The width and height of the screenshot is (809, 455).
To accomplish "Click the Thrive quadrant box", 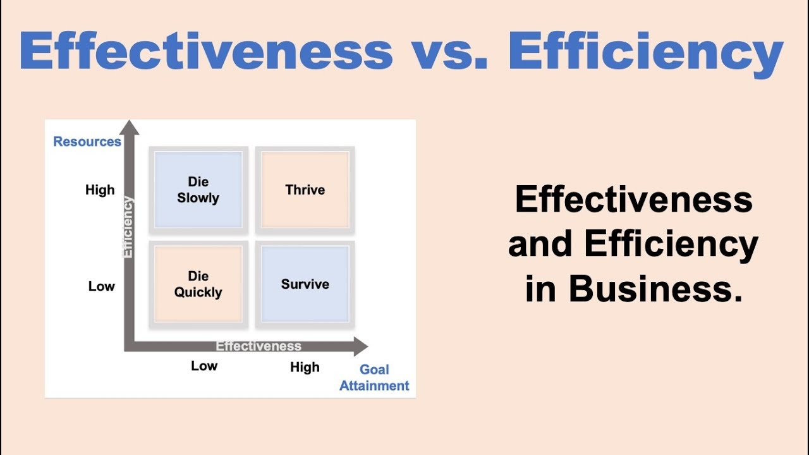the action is point(305,190).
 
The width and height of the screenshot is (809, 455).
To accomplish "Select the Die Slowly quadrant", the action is point(198,190).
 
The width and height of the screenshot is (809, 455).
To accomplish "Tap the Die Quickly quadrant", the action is point(198,284).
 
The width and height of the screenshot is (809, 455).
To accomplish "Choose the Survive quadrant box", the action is point(305,284).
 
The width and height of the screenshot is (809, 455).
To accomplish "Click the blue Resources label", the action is point(87,142).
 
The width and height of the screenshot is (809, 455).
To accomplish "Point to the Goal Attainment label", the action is point(374,377).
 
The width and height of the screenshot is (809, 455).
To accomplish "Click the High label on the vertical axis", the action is point(100,190).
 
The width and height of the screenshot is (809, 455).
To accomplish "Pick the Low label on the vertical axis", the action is point(102,286).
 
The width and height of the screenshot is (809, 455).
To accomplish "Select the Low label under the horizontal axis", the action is point(204,366).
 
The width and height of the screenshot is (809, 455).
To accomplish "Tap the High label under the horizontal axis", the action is point(305,367).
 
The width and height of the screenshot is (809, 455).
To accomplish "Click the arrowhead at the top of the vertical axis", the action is point(130,128).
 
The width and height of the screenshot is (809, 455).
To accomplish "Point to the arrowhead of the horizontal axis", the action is point(361,346).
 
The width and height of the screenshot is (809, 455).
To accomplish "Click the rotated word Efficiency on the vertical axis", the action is point(128,227).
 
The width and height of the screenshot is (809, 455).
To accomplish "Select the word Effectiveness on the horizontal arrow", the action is point(259,346).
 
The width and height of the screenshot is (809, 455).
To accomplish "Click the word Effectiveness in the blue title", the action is point(206,50).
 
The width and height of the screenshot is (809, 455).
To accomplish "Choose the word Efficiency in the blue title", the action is point(646,54).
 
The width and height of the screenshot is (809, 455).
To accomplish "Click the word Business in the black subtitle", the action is point(655,289).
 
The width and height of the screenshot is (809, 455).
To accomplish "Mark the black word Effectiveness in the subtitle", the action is point(634,199).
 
